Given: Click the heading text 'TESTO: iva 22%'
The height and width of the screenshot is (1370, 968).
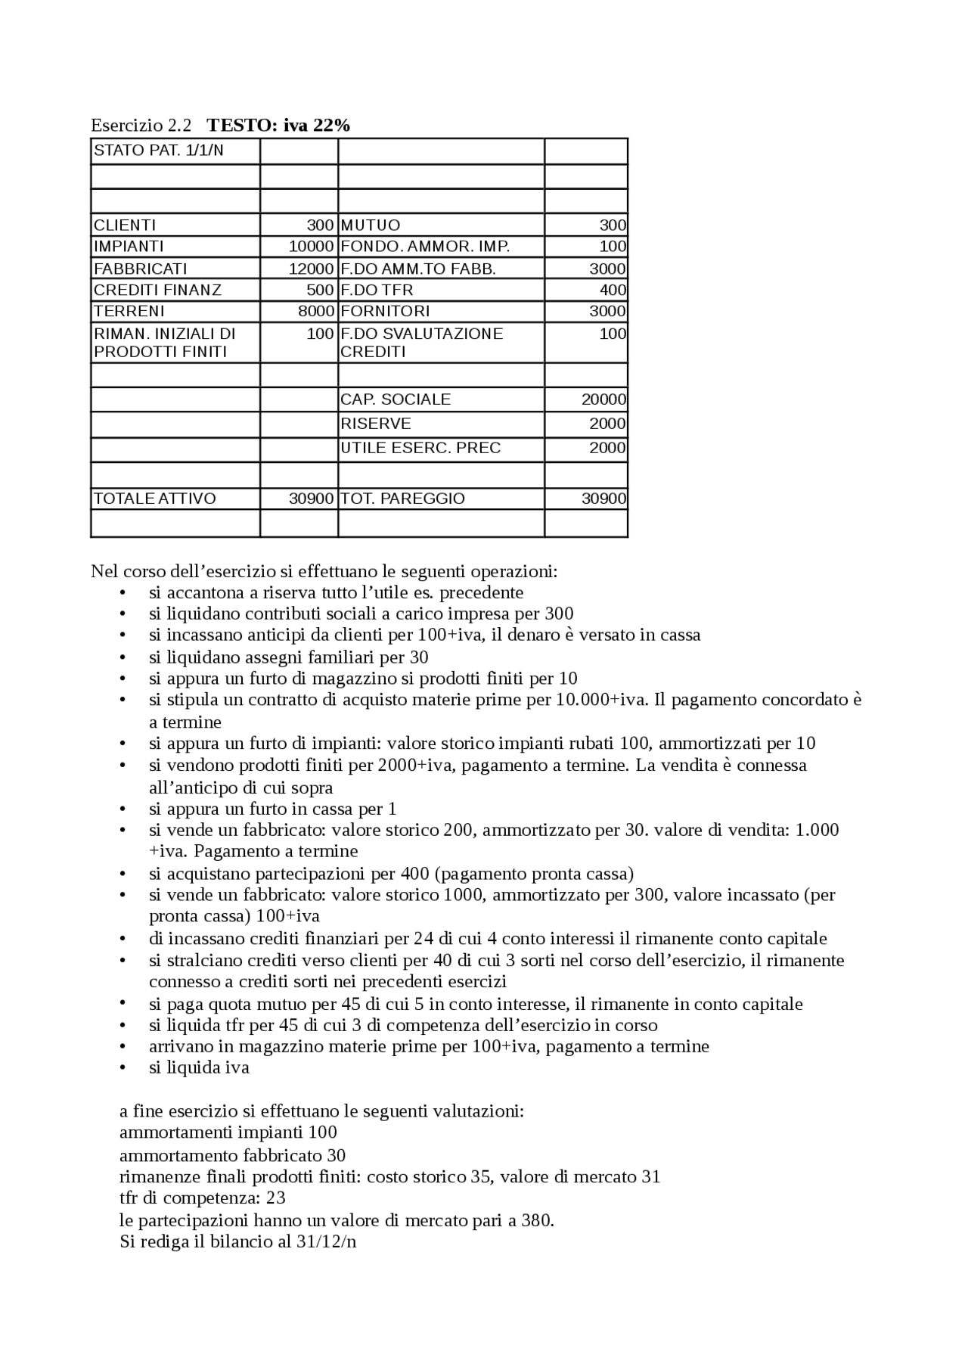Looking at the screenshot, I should pos(278,126).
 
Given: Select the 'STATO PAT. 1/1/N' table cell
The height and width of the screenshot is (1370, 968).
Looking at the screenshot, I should pos(159,151).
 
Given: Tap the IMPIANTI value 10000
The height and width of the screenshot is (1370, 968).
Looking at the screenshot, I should pos(311,247).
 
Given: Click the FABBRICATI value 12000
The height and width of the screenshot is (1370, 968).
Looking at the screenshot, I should pos(311,269).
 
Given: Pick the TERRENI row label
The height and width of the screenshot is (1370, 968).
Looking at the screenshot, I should pos(129,311).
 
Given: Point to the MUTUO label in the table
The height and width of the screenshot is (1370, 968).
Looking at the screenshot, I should pos(371,225).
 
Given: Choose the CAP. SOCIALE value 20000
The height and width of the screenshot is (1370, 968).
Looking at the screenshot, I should pos(603,399).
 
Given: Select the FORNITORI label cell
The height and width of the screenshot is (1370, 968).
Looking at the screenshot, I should pos(385,311).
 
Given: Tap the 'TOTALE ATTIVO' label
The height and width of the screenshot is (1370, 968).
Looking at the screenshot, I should pos(155,499).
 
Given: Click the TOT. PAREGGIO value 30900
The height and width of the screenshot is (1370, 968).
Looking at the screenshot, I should pos(603,499).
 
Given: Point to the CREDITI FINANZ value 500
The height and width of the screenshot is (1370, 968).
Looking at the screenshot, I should pos(320,290).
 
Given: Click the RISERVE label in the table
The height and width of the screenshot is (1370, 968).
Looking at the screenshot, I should pos(376,424).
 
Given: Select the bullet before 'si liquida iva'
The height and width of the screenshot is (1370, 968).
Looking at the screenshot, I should pos(123,1068).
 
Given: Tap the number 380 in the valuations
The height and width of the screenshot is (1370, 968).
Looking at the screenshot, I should pos(535,1221).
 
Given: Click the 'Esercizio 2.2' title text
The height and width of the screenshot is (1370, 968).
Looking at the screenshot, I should pos(141,126).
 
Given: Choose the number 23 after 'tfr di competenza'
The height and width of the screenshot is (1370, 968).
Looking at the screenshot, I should pos(276,1198).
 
